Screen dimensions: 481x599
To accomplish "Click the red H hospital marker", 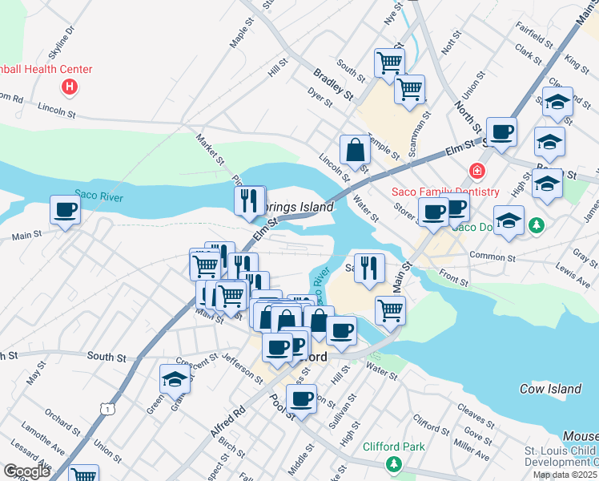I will tap(70, 86).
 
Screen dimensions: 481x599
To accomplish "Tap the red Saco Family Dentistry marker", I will tap(477, 172).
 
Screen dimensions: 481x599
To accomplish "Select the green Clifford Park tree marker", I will tap(392, 464).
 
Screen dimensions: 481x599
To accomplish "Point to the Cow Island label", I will tap(550, 389).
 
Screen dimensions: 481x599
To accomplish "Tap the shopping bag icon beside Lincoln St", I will tap(354, 149).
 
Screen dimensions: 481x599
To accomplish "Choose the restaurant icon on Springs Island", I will tap(250, 200).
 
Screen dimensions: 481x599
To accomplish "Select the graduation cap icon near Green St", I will tap(175, 379).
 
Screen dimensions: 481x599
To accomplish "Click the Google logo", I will tap(27, 471).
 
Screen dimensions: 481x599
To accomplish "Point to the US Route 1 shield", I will tap(107, 409).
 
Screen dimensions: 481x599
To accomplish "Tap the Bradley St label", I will tap(333, 83).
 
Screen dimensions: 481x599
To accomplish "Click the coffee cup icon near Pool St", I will tap(302, 398).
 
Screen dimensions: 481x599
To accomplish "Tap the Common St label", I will tap(492, 257).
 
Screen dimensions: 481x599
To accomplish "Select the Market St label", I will tap(211, 149).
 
